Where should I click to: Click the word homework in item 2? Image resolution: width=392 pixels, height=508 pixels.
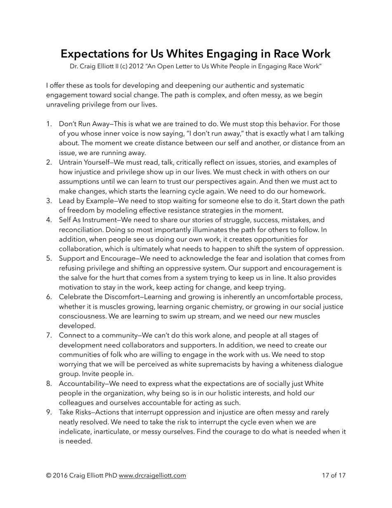point(309,191)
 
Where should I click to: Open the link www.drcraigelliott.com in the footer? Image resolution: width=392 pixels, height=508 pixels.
point(152,475)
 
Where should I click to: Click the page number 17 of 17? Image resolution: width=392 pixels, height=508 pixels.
point(333,475)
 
